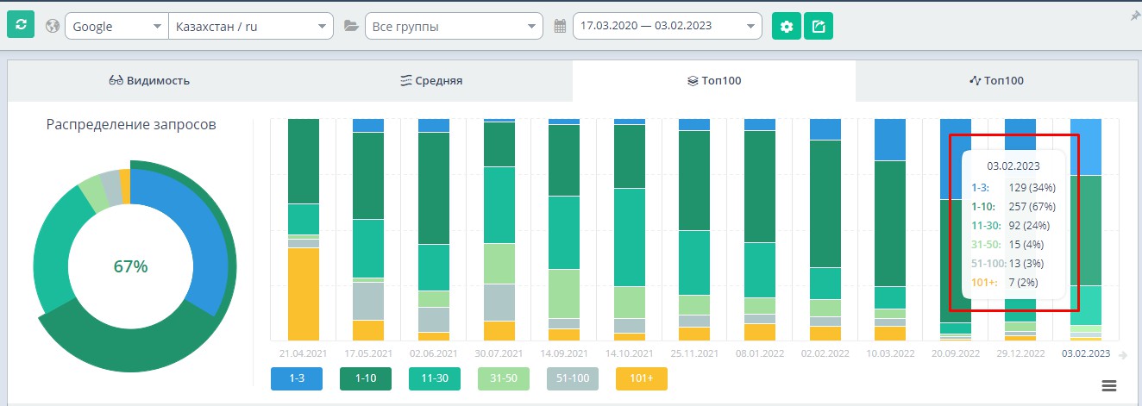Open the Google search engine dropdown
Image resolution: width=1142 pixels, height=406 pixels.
pyautogui.click(x=116, y=26)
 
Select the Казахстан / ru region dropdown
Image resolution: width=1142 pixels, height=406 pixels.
pyautogui.click(x=250, y=26)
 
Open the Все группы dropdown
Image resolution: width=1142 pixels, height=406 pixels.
pyautogui.click(x=454, y=26)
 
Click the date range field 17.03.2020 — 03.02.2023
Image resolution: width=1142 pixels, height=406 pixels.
pyautogui.click(x=667, y=26)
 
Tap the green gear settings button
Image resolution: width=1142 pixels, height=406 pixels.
pyautogui.click(x=786, y=26)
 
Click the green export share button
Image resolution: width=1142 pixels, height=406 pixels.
pyautogui.click(x=819, y=26)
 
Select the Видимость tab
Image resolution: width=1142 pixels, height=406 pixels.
pyautogui.click(x=149, y=81)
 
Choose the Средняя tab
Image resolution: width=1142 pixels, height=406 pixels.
pyautogui.click(x=431, y=81)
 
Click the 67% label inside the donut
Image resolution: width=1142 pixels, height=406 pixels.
pyautogui.click(x=130, y=266)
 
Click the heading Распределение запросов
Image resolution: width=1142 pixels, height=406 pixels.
pyautogui.click(x=131, y=124)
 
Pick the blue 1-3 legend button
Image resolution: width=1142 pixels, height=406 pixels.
pyautogui.click(x=296, y=379)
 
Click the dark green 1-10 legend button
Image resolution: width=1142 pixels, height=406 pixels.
pyautogui.click(x=365, y=379)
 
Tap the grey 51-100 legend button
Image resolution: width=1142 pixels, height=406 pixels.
pyautogui.click(x=573, y=379)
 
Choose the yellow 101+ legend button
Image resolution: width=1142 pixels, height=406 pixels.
pyautogui.click(x=641, y=379)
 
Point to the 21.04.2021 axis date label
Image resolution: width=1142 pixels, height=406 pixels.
pyautogui.click(x=304, y=353)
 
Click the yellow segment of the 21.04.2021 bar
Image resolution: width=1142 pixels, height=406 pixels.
pyautogui.click(x=304, y=293)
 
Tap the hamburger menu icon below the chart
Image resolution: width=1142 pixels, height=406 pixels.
pyautogui.click(x=1109, y=384)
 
